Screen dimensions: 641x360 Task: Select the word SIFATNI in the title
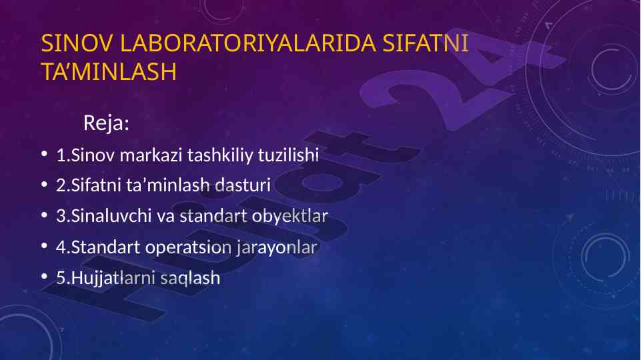tap(426, 43)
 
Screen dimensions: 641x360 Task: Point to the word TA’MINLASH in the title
tap(109, 71)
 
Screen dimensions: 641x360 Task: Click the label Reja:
tap(106, 122)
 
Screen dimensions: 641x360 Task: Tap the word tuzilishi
tap(288, 155)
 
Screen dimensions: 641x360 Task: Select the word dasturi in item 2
tap(243, 185)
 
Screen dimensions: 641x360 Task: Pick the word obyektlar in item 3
tap(290, 216)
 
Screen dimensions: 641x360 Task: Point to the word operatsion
tap(188, 247)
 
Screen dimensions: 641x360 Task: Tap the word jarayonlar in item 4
tap(277, 247)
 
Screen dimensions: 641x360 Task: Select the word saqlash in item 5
tap(190, 278)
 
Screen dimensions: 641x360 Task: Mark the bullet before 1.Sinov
tap(45, 154)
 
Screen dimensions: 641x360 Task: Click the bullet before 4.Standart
tap(45, 246)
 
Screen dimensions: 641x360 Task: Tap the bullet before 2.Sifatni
tap(45, 184)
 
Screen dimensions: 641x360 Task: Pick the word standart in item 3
tap(213, 216)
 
